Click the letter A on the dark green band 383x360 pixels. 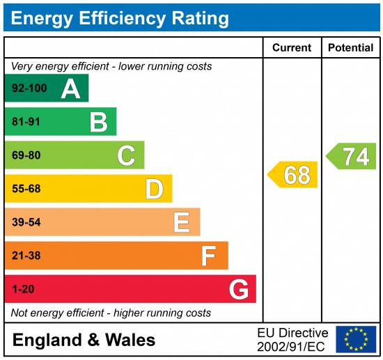point(70,88)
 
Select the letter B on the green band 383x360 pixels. point(98,122)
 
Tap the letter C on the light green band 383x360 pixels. point(126,155)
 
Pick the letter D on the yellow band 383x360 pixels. point(154,189)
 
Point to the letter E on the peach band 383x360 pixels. point(181,222)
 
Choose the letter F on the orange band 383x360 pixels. point(208,256)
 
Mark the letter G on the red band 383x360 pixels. point(238,289)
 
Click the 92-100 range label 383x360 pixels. point(29,88)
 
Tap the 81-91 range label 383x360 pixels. point(26,122)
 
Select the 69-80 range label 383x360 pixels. point(26,155)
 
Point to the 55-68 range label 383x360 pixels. point(26,189)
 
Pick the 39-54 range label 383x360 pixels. point(26,222)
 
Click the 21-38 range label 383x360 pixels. point(26,256)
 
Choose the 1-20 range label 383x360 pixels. point(22,289)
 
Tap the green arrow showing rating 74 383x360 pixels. point(352,156)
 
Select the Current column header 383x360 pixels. point(292,48)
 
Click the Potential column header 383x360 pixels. point(350,48)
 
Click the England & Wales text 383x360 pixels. point(84,341)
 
